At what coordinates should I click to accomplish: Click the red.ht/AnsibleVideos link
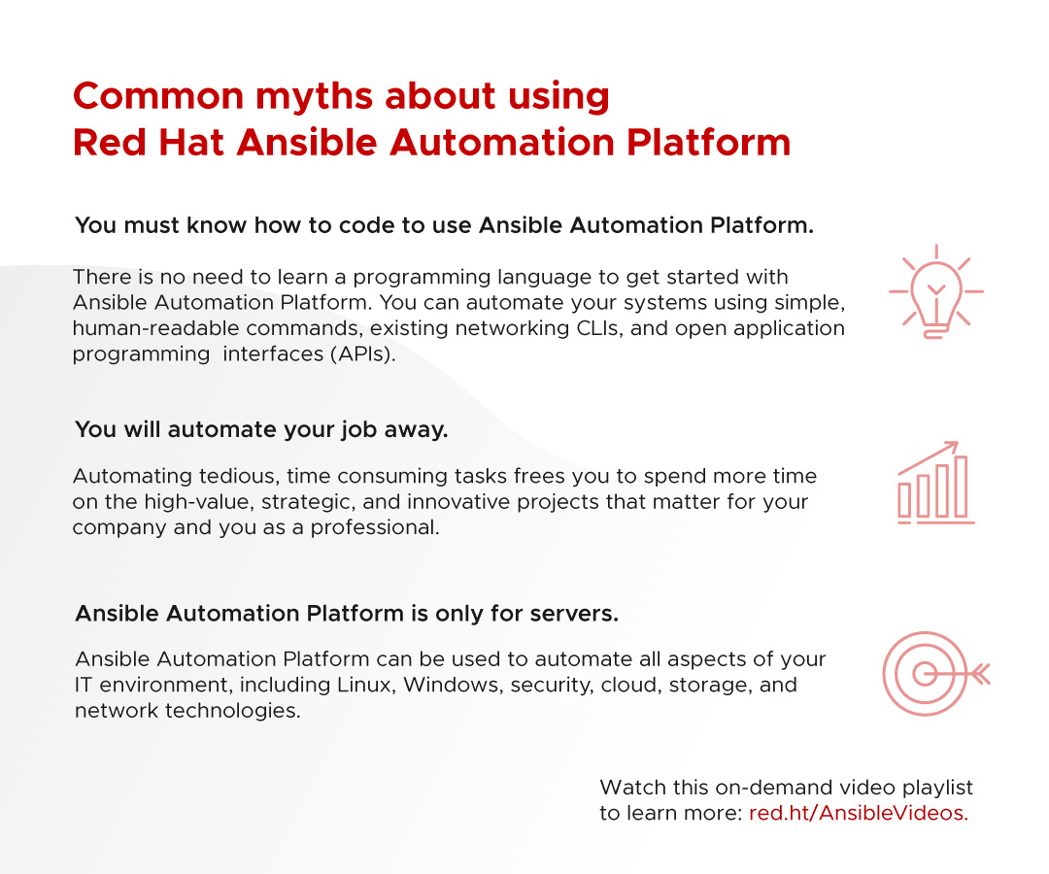859,813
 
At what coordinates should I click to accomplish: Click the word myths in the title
315,95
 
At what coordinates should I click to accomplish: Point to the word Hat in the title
191,143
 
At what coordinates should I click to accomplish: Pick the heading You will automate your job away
261,429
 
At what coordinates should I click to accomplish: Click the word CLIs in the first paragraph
600,328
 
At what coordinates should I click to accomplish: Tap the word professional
375,527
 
